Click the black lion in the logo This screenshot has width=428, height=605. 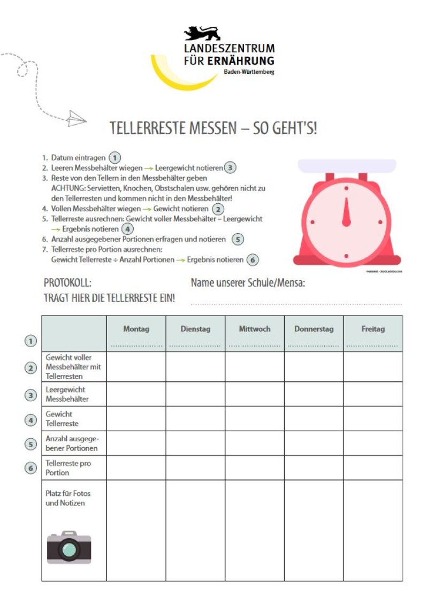pyautogui.click(x=202, y=33)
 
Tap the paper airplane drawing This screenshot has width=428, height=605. pyautogui.click(x=77, y=118)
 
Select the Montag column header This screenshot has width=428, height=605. pyautogui.click(x=136, y=329)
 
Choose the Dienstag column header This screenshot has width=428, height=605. pyautogui.click(x=195, y=329)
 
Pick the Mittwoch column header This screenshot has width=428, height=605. pyautogui.click(x=254, y=329)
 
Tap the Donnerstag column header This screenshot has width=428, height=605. pyautogui.click(x=314, y=329)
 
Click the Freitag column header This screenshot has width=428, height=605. pyautogui.click(x=373, y=329)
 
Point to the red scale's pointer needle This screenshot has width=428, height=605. pyautogui.click(x=346, y=211)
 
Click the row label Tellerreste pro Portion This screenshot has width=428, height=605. pyautogui.click(x=68, y=468)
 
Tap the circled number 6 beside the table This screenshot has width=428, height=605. pyautogui.click(x=31, y=468)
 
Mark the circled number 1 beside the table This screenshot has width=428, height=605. pyautogui.click(x=31, y=341)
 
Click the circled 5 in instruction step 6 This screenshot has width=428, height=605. pyautogui.click(x=238, y=239)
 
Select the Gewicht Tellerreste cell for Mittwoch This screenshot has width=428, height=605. pyautogui.click(x=254, y=419)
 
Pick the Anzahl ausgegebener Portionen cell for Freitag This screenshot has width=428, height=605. pyautogui.click(x=373, y=443)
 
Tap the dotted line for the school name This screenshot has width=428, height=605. pyautogui.click(x=296, y=303)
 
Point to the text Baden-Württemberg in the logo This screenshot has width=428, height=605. pyautogui.click(x=249, y=72)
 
